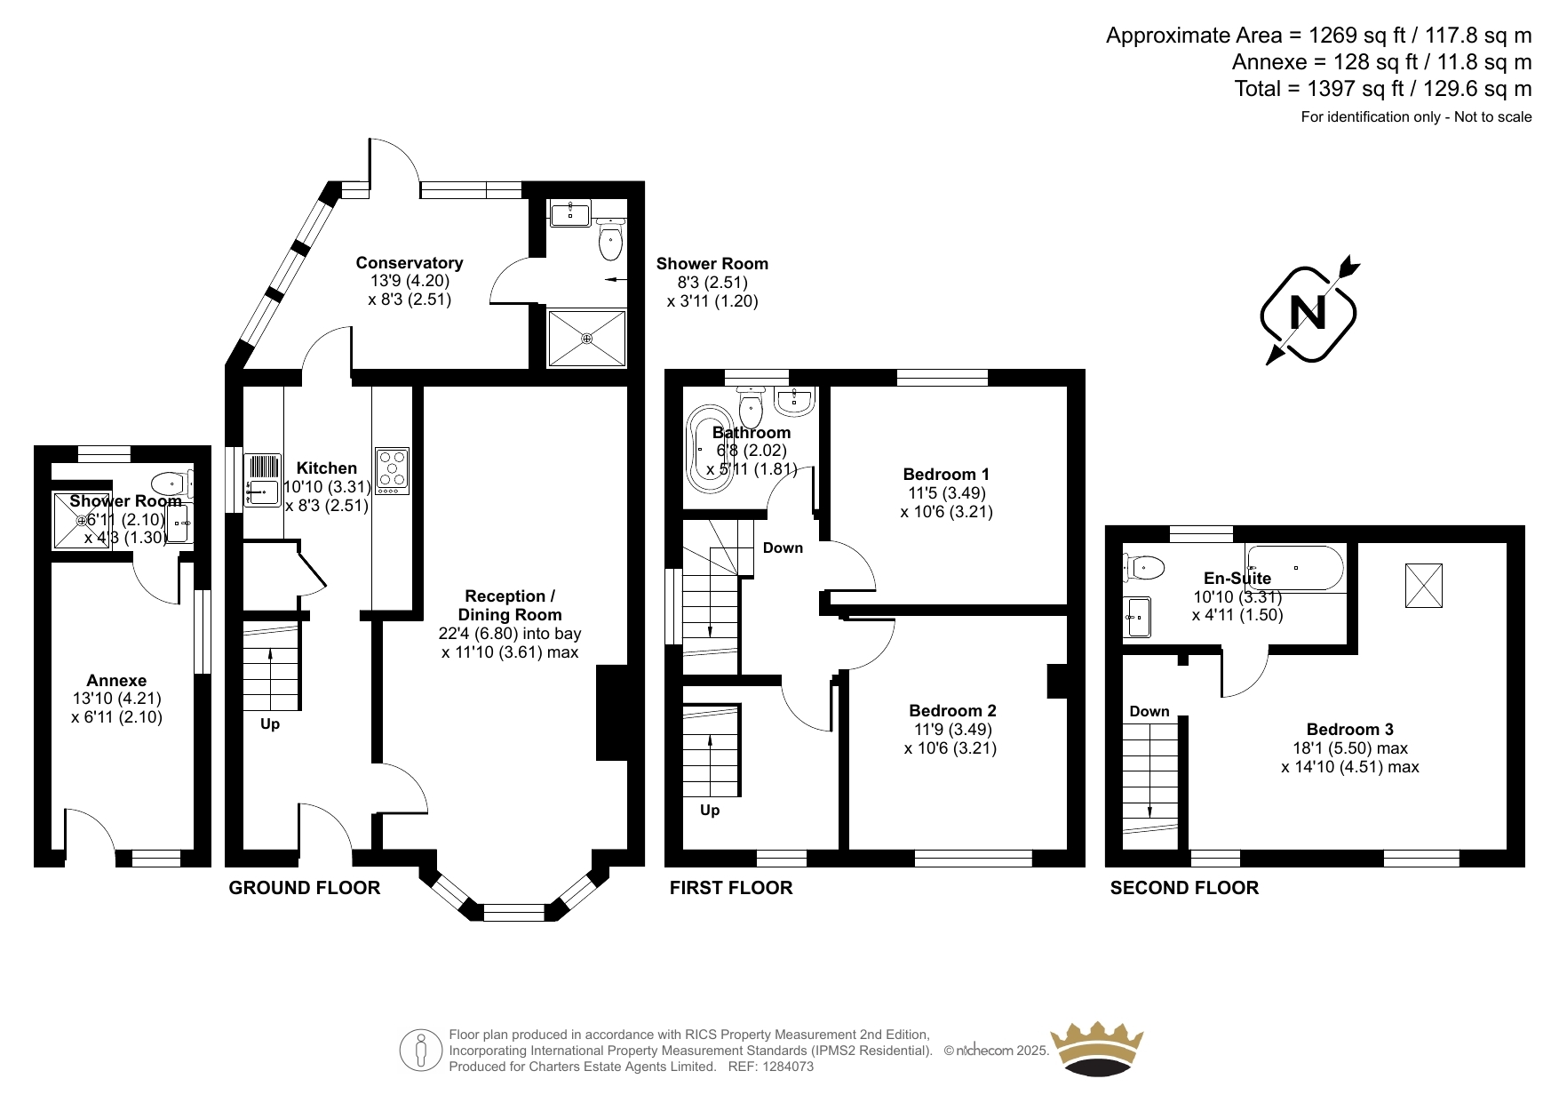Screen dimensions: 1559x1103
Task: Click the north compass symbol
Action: [x=1308, y=313]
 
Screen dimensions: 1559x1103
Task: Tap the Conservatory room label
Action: [x=410, y=263]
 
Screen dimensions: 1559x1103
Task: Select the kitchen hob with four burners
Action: [x=392, y=471]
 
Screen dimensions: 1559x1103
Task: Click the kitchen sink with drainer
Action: [x=262, y=480]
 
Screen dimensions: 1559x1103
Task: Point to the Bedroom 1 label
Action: [x=946, y=475]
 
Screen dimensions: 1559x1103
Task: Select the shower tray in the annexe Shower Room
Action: [x=81, y=520]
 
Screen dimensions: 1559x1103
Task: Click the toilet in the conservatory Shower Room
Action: [x=610, y=239]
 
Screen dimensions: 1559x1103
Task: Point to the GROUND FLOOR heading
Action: [x=305, y=888]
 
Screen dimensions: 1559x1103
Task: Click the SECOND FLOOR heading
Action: [x=1184, y=888]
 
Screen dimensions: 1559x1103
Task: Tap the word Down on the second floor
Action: [x=1149, y=711]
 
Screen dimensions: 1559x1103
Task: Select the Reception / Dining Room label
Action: [x=510, y=605]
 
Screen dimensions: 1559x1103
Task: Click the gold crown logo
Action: [x=1097, y=1048]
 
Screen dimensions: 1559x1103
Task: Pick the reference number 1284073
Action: [x=785, y=1067]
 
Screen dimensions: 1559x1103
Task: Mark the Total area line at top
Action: [x=1383, y=89]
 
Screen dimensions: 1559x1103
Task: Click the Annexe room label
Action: [x=116, y=681]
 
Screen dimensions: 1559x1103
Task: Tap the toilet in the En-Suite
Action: [x=1143, y=565]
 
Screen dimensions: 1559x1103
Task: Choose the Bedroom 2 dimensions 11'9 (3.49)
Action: [x=953, y=730]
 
